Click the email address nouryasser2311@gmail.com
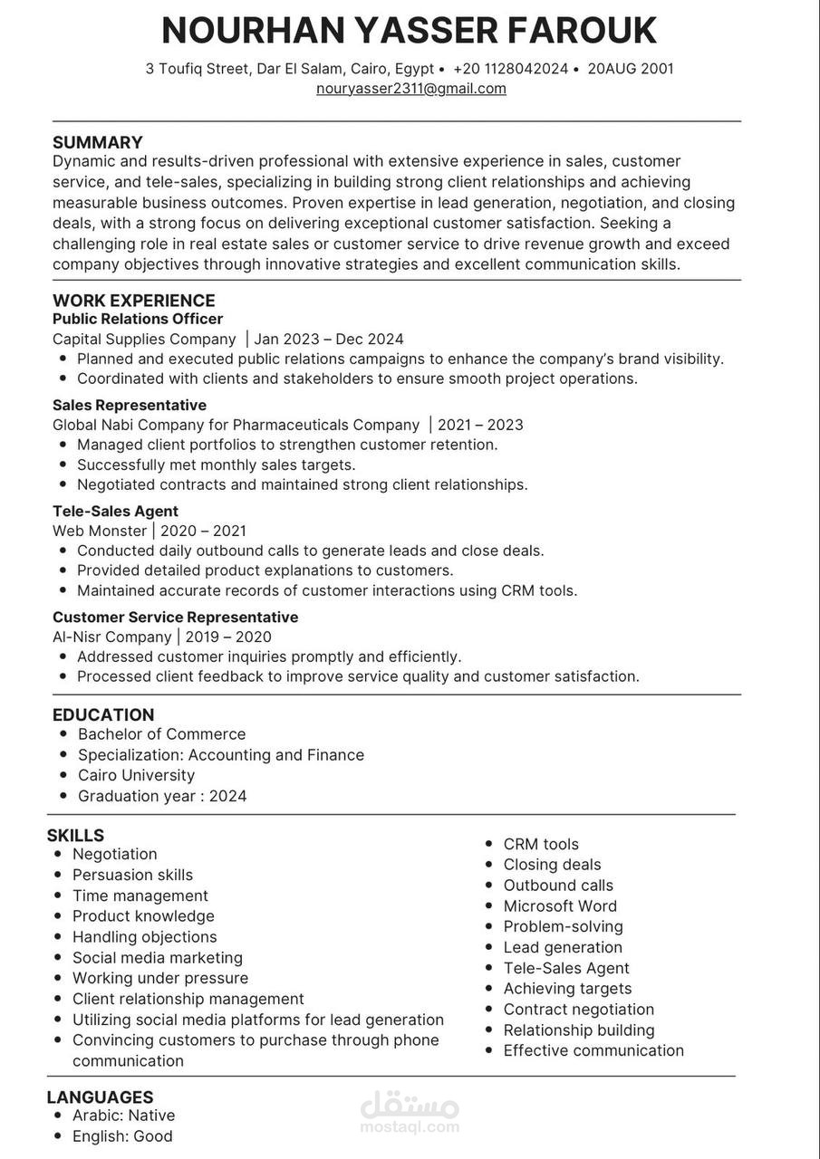410,89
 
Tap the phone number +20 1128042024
510,69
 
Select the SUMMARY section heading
98,142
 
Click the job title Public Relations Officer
138,319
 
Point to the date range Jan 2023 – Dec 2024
329,340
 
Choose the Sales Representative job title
130,405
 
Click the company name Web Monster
100,531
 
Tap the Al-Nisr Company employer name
112,637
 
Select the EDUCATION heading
103,714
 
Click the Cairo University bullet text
136,775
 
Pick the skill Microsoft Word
560,905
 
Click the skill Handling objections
145,937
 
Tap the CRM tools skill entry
541,844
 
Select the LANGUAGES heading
101,1097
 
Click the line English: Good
122,1136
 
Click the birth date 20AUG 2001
631,69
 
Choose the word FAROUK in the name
582,31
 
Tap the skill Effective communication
593,1050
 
